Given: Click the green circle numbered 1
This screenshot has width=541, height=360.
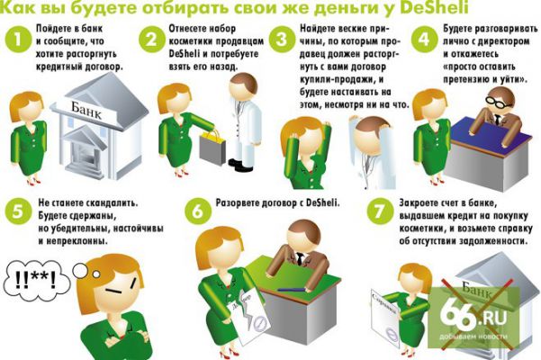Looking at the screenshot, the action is (18, 40).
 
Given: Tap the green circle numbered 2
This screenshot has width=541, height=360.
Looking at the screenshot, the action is (152, 40).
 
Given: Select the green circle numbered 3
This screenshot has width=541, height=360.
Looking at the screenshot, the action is (282, 40).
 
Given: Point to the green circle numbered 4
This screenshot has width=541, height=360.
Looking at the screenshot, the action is (424, 40).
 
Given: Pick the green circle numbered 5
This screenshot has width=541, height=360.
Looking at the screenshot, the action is (18, 211).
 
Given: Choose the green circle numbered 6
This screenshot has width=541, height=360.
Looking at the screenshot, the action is (197, 211).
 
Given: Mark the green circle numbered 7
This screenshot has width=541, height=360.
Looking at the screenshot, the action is (379, 211).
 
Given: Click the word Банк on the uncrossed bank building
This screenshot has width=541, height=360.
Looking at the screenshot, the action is (86, 110).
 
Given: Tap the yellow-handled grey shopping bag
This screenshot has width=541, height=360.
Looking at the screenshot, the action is (212, 147).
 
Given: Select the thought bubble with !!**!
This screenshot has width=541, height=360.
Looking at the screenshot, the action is (36, 279).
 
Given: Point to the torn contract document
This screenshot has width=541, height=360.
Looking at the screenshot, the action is (249, 316).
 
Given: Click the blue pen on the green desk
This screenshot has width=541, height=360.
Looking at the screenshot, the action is (291, 289).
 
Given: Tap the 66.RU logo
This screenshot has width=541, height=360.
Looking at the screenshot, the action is (473, 317).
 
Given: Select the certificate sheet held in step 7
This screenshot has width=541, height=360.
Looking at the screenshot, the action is (385, 317).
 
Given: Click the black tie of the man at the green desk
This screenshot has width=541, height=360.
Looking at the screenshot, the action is (301, 258).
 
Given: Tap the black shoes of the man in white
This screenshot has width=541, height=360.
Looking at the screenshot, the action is (241, 165).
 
